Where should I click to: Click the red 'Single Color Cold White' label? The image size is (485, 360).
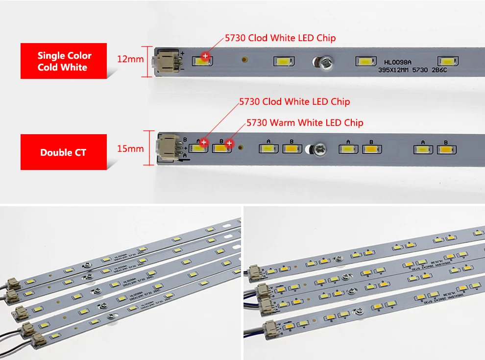tap(64, 61)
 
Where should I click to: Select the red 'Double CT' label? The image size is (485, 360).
tap(63, 152)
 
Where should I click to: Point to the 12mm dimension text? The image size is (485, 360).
tap(130, 59)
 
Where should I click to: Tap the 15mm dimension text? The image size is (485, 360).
tap(130, 148)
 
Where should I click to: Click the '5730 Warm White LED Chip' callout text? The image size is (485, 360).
tap(305, 122)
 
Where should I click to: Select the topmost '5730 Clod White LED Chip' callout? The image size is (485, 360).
tap(280, 38)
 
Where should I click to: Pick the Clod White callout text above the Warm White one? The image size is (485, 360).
tap(294, 102)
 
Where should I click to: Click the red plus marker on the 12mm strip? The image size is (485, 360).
tap(205, 56)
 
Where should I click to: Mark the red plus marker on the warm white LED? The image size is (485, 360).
tap(228, 143)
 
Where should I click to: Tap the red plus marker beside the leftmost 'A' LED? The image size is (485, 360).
tap(204, 143)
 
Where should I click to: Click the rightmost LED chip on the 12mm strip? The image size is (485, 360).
tap(448, 62)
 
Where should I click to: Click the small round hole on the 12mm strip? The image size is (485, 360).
tap(244, 61)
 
